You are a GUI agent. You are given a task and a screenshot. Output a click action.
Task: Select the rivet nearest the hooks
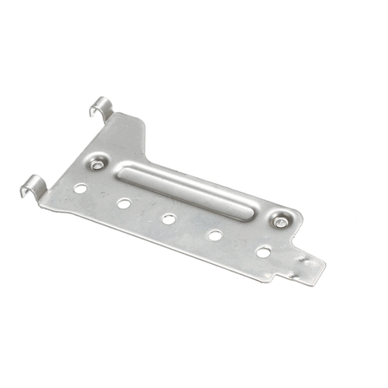[x=99, y=164]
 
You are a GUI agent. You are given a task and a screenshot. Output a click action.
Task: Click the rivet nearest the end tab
[x=279, y=222]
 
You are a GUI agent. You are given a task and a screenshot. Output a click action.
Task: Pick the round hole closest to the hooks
[x=80, y=188]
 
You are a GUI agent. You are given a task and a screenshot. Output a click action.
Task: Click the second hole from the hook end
[x=124, y=202]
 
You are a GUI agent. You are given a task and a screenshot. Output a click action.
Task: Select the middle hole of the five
[x=169, y=218]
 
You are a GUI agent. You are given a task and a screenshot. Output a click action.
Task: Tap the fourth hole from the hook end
[x=215, y=235]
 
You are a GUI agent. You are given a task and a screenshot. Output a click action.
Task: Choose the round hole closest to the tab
[x=263, y=251]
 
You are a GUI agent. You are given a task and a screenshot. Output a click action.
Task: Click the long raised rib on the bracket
[x=190, y=192]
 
